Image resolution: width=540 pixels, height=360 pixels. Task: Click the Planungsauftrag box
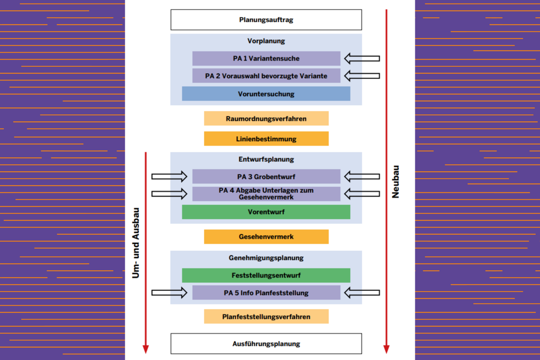click(266, 20)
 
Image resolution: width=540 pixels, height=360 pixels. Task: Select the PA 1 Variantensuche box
click(266, 59)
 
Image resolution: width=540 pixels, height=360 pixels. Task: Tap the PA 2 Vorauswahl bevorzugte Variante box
click(266, 76)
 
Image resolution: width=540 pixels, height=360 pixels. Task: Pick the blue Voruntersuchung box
click(266, 94)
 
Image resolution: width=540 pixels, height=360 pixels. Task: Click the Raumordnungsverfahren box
click(266, 119)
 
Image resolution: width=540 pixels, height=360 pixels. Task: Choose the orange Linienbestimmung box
click(266, 139)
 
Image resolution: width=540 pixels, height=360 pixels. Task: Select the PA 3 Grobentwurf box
click(266, 177)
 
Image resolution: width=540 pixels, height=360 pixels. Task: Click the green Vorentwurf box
click(266, 212)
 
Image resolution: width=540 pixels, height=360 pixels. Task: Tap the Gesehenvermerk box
click(266, 237)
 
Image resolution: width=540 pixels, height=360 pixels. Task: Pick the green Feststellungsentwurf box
click(266, 275)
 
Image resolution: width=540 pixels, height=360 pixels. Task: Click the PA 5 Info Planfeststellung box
click(266, 293)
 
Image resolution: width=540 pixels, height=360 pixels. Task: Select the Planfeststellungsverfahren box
click(266, 316)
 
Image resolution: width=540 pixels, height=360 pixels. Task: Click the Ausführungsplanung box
click(266, 343)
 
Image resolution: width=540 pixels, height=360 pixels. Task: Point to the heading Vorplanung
click(266, 41)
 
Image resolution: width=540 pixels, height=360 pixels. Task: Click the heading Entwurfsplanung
click(266, 159)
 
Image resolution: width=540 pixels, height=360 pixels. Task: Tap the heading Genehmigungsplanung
click(266, 258)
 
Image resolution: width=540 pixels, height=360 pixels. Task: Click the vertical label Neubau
click(395, 182)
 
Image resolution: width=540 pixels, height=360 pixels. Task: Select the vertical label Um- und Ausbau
click(136, 243)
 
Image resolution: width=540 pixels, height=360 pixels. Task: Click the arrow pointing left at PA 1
click(362, 59)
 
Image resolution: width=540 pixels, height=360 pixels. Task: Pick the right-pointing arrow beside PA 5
click(169, 293)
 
